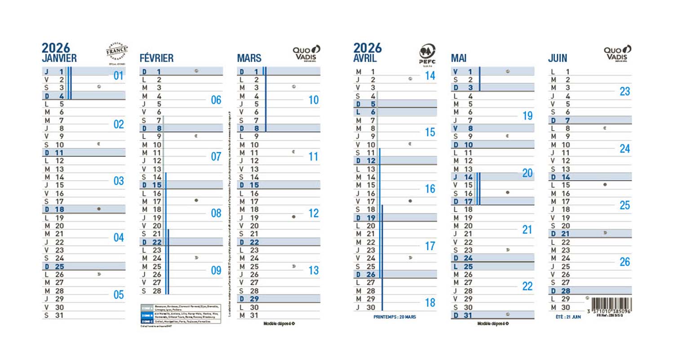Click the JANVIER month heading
[x=59, y=58]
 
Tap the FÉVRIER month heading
[x=156, y=58]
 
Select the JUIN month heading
[x=558, y=58]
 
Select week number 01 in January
[x=118, y=76]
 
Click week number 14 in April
[x=430, y=76]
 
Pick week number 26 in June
[x=625, y=262]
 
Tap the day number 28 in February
[x=157, y=291]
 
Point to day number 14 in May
[x=469, y=177]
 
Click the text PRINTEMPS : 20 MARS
[x=395, y=317]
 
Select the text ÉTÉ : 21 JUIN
[x=566, y=317]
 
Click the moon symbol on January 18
[x=99, y=209]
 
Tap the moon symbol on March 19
[x=294, y=217]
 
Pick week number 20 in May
[x=527, y=173]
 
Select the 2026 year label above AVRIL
[x=367, y=48]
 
